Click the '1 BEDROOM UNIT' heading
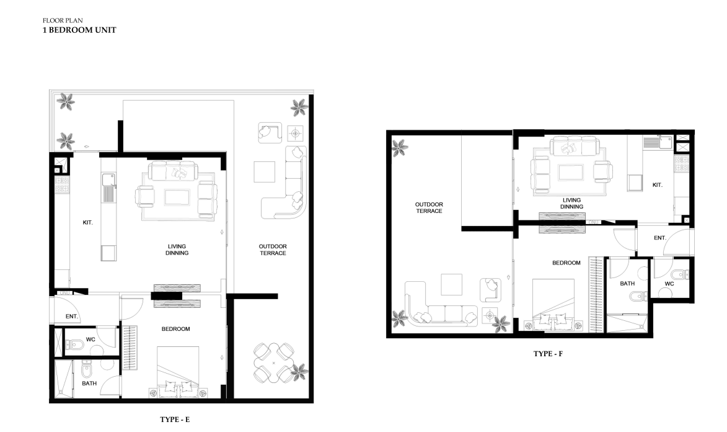click(x=79, y=30)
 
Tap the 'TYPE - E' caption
click(x=175, y=420)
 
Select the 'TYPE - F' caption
click(x=548, y=354)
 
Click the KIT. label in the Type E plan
click(x=87, y=222)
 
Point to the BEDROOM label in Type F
click(x=566, y=263)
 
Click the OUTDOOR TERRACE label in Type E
click(x=273, y=250)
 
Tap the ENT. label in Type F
click(x=660, y=238)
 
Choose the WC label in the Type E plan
click(x=90, y=340)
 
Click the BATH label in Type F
click(x=627, y=284)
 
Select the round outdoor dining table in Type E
click(x=273, y=362)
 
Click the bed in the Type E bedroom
click(x=178, y=372)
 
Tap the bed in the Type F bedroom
click(x=553, y=305)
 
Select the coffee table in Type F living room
click(x=571, y=173)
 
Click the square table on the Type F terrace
click(x=451, y=285)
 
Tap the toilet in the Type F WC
click(x=681, y=275)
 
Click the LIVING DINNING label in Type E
click(x=177, y=250)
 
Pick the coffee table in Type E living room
click(x=177, y=197)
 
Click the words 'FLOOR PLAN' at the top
click(x=63, y=20)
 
